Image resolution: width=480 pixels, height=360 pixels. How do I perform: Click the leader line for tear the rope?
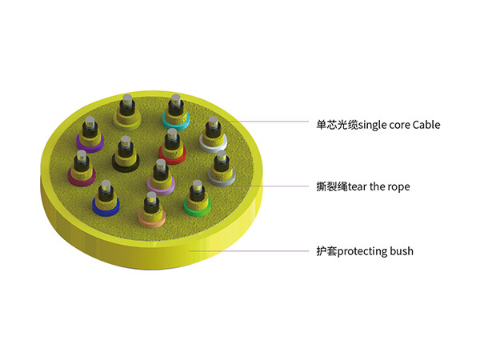pos(280,186)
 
